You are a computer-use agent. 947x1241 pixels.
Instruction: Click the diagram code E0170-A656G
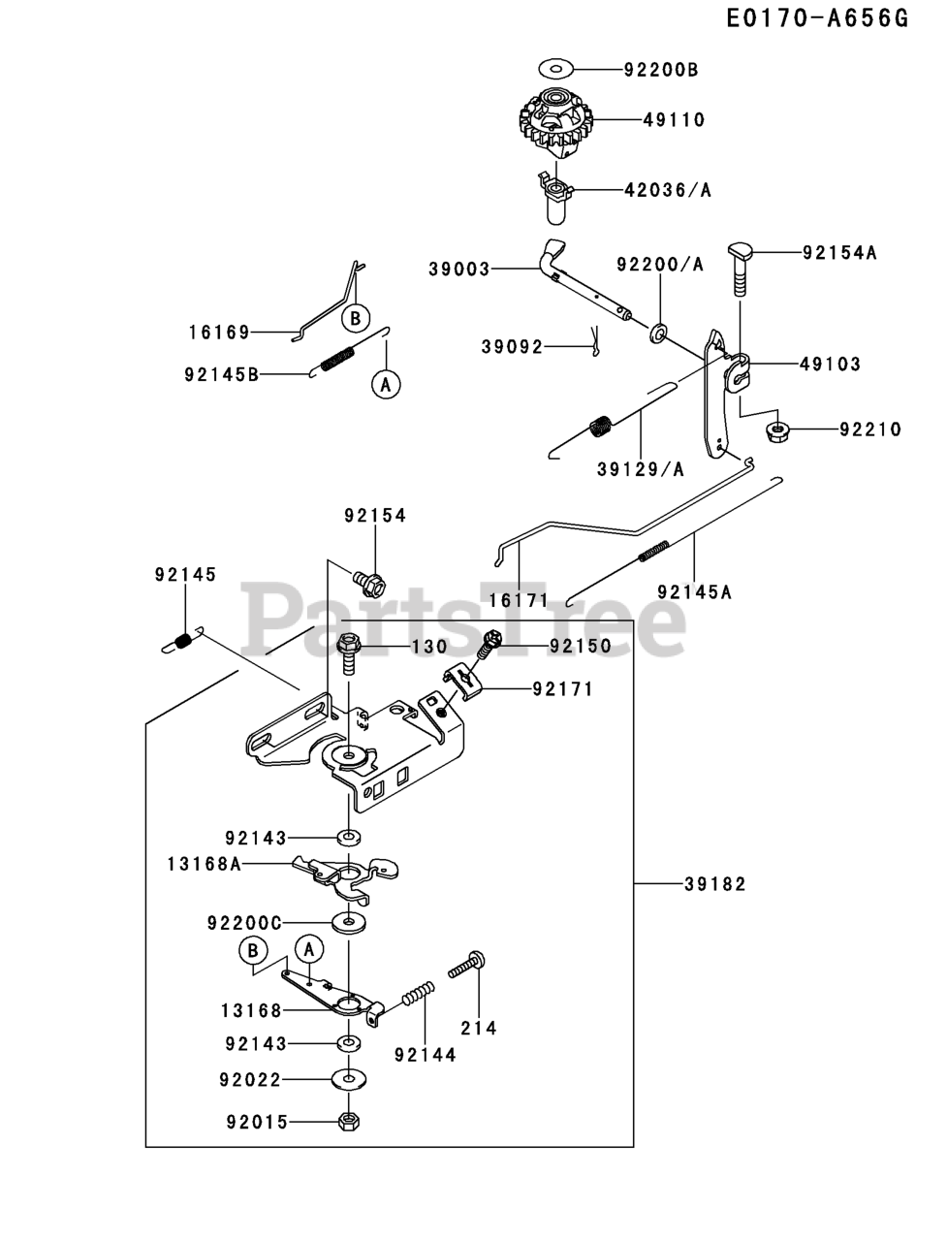coord(817,18)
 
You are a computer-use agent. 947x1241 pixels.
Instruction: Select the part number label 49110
coord(674,120)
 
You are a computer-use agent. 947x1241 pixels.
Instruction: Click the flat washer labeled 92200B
coord(556,69)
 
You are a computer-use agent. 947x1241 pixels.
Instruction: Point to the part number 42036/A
coord(667,190)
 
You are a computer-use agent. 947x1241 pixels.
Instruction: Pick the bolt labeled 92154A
coord(741,270)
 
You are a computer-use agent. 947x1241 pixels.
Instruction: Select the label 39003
coord(458,270)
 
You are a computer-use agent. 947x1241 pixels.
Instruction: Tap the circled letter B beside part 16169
coord(356,318)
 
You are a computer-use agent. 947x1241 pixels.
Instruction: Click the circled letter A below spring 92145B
coord(386,385)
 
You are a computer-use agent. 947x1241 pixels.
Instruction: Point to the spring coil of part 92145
coord(182,641)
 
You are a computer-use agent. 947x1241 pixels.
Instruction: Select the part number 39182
coord(715,883)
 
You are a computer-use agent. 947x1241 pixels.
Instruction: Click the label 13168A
coord(205,865)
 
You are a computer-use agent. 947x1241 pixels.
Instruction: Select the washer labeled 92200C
coord(349,923)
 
